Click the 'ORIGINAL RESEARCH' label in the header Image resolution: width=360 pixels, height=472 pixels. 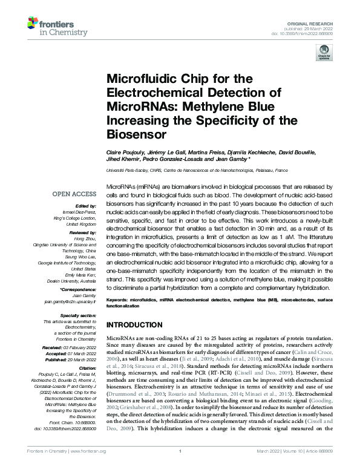(316, 22)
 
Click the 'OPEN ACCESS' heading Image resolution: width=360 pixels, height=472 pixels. (74, 195)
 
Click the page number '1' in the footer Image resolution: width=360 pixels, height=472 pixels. (180, 467)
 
